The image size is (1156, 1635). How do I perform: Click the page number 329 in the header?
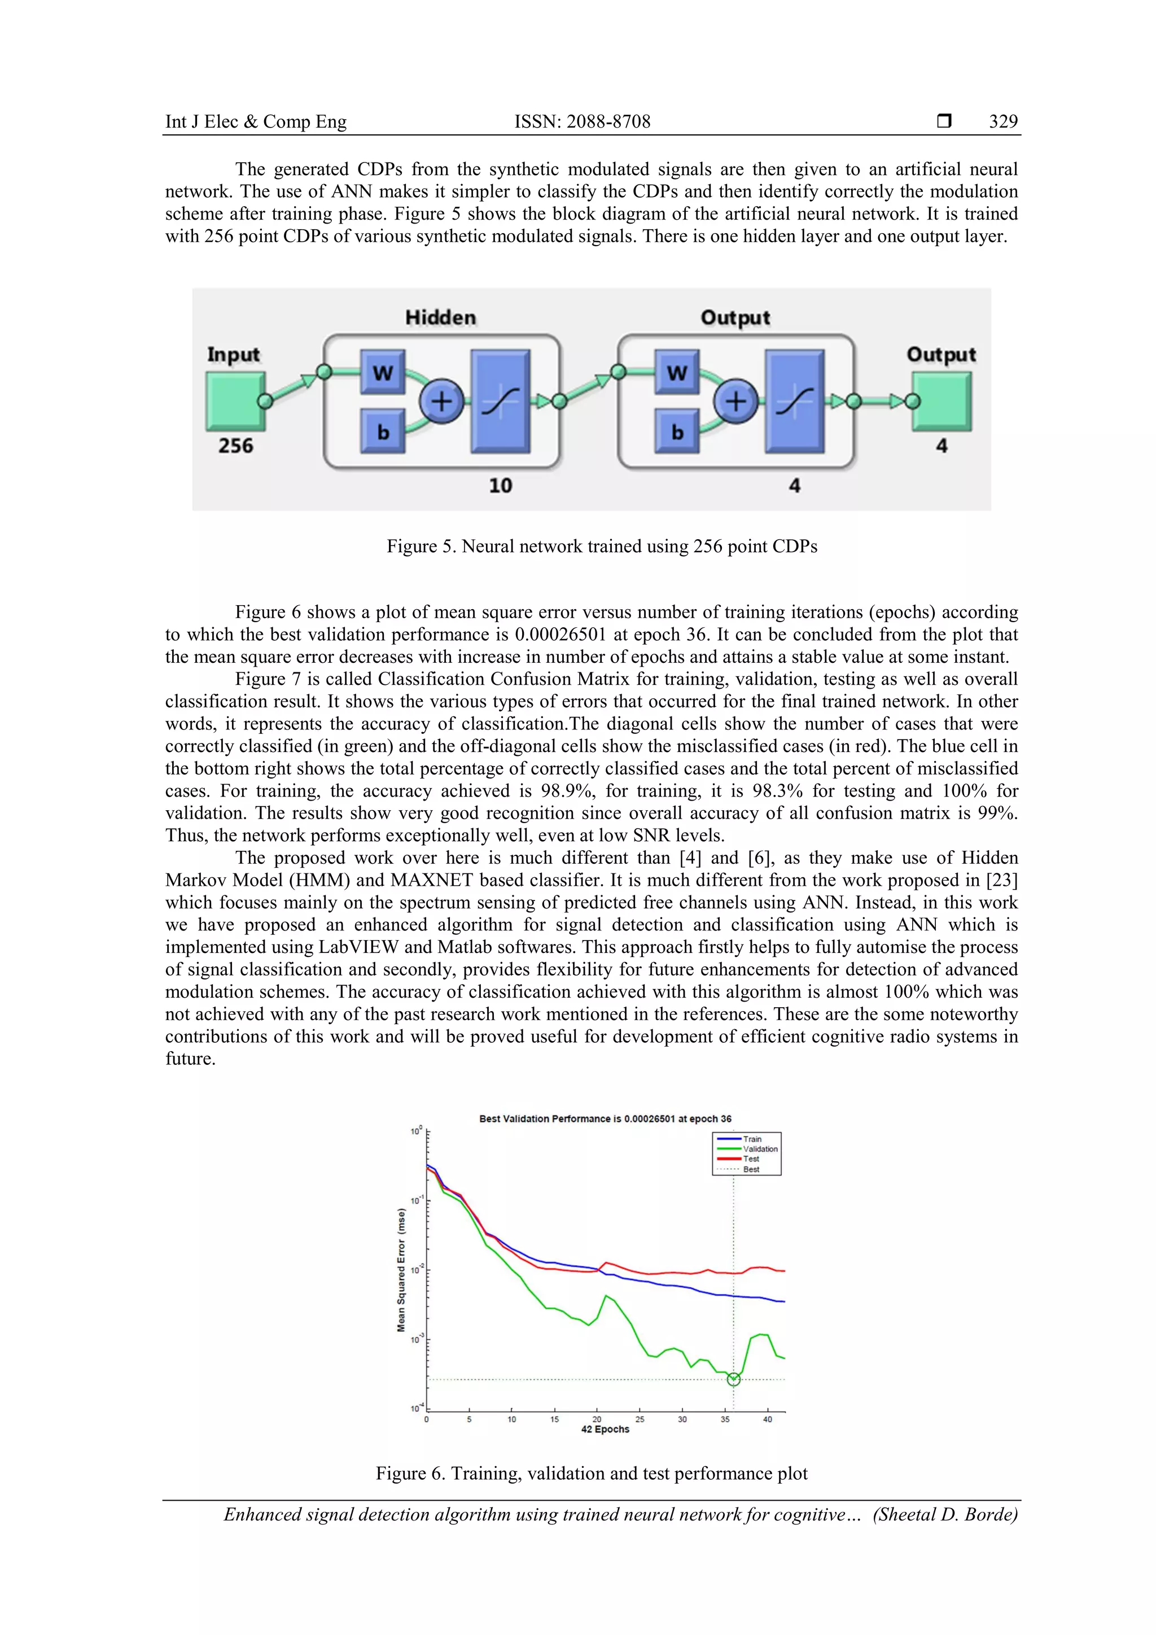click(1003, 122)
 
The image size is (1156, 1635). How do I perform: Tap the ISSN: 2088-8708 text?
click(583, 122)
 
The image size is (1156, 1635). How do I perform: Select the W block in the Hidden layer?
click(382, 371)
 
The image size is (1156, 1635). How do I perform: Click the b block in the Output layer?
click(677, 431)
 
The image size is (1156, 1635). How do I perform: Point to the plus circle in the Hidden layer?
click(441, 401)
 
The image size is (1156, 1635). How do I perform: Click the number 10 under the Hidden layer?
click(501, 486)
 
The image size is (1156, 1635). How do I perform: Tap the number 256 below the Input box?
click(235, 446)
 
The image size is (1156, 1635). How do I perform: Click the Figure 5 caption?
click(602, 546)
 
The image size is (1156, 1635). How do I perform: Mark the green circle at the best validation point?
click(734, 1379)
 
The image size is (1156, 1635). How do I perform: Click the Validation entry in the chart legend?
click(760, 1149)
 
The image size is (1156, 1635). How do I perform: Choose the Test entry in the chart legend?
click(751, 1159)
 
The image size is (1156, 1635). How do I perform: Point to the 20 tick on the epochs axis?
click(597, 1419)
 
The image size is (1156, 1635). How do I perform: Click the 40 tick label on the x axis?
click(767, 1419)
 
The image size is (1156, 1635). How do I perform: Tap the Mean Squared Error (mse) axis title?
click(401, 1270)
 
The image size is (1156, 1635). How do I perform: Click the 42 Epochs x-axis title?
click(605, 1429)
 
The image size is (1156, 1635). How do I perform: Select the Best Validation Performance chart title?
click(605, 1119)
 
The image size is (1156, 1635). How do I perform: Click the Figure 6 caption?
click(592, 1474)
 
